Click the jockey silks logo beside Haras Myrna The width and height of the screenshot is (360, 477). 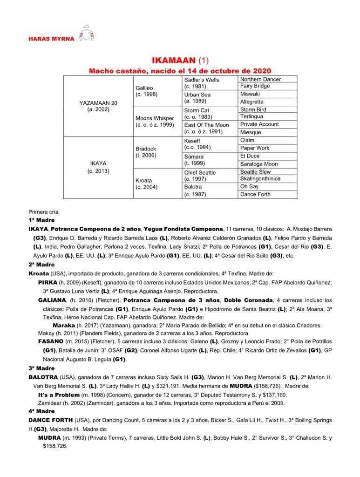(x=87, y=34)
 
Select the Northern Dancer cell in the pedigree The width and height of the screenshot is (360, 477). (x=260, y=79)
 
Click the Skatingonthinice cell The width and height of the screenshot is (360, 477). (x=260, y=179)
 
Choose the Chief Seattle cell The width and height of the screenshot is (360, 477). (x=200, y=172)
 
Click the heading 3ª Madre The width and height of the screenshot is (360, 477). (x=42, y=368)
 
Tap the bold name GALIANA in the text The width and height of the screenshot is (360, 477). (x=53, y=300)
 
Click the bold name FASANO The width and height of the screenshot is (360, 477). (x=51, y=341)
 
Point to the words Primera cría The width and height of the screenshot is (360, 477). (x=43, y=211)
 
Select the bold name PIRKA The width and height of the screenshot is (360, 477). (x=48, y=282)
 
